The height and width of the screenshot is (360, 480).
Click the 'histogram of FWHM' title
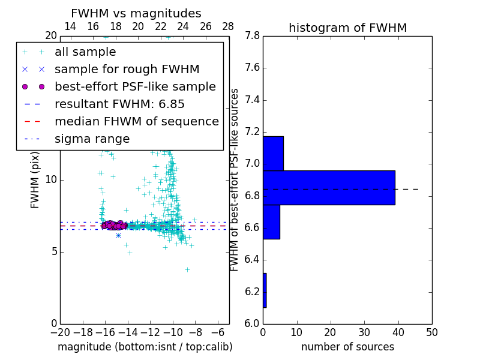(x=347, y=28)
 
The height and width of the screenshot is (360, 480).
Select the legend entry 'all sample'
(x=85, y=52)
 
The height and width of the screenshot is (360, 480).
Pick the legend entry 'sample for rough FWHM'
(x=127, y=70)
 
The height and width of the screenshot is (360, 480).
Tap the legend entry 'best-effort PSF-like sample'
(x=135, y=87)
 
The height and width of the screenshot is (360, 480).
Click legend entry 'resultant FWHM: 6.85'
(x=119, y=104)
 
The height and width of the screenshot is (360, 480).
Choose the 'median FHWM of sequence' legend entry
(x=136, y=122)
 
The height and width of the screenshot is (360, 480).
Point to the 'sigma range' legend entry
(x=92, y=139)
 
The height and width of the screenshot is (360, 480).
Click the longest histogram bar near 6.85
(x=329, y=188)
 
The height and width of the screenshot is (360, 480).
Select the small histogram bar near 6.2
(x=265, y=290)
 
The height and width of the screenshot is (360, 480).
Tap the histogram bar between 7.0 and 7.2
(x=273, y=154)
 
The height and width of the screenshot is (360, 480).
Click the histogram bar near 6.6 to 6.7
(x=271, y=222)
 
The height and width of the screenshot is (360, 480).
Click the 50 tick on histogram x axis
(x=431, y=331)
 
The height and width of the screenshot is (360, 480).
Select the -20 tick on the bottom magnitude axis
(x=60, y=331)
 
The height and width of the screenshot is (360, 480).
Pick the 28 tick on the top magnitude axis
(x=228, y=26)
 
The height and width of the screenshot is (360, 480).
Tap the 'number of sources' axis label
(x=347, y=347)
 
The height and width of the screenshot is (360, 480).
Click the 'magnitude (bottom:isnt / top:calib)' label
(x=145, y=347)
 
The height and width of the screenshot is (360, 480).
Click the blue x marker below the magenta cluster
(x=118, y=235)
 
